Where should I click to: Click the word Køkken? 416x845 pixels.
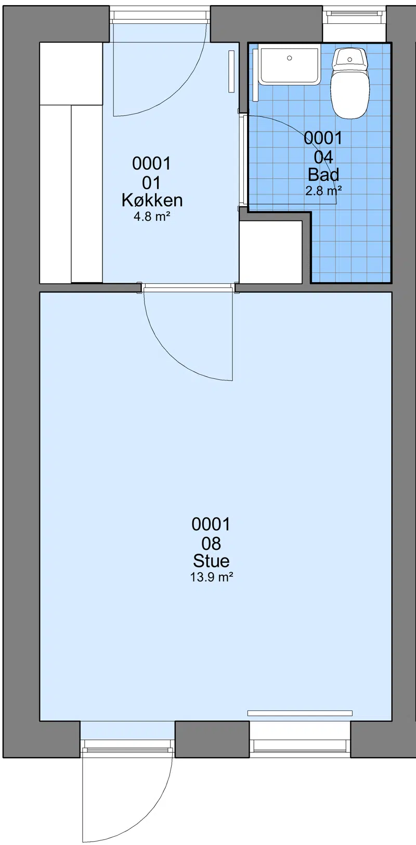(x=152, y=200)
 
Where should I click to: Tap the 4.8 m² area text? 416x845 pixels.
(x=149, y=217)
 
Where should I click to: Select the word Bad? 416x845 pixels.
(x=323, y=175)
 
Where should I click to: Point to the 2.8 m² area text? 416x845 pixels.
(x=323, y=191)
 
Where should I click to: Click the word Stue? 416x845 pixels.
(x=211, y=561)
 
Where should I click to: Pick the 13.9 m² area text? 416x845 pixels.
(x=212, y=577)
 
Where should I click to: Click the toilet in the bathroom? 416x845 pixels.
(x=349, y=83)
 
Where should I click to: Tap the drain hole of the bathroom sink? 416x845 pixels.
(x=290, y=58)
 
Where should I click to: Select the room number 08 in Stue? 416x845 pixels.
(x=211, y=544)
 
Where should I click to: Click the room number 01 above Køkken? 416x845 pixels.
(x=151, y=183)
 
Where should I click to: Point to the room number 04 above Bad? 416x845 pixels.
(x=323, y=157)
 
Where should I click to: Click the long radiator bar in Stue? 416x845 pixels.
(x=300, y=713)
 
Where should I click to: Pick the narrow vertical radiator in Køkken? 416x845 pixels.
(x=231, y=72)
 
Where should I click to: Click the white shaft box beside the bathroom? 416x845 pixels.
(x=271, y=252)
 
